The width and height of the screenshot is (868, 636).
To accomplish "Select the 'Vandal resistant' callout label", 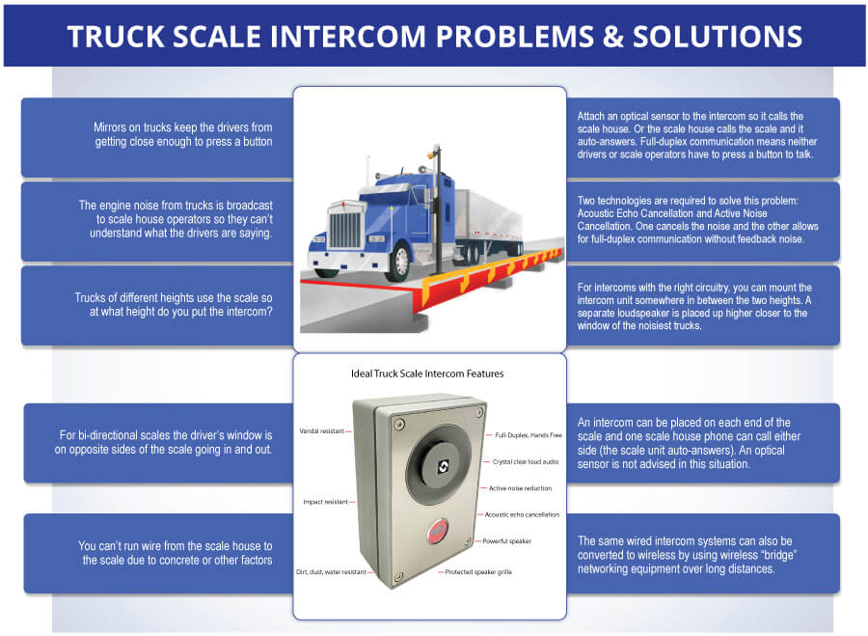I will pyautogui.click(x=322, y=430).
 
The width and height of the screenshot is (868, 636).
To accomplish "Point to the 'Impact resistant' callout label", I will pyautogui.click(x=324, y=502).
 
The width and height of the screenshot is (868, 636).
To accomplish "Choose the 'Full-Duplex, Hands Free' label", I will pyautogui.click(x=527, y=435).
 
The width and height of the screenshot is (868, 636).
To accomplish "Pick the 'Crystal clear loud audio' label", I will pyautogui.click(x=527, y=462).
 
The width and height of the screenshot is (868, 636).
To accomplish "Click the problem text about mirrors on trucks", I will pyautogui.click(x=183, y=134).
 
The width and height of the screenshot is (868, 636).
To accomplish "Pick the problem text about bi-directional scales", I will pyautogui.click(x=167, y=443).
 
